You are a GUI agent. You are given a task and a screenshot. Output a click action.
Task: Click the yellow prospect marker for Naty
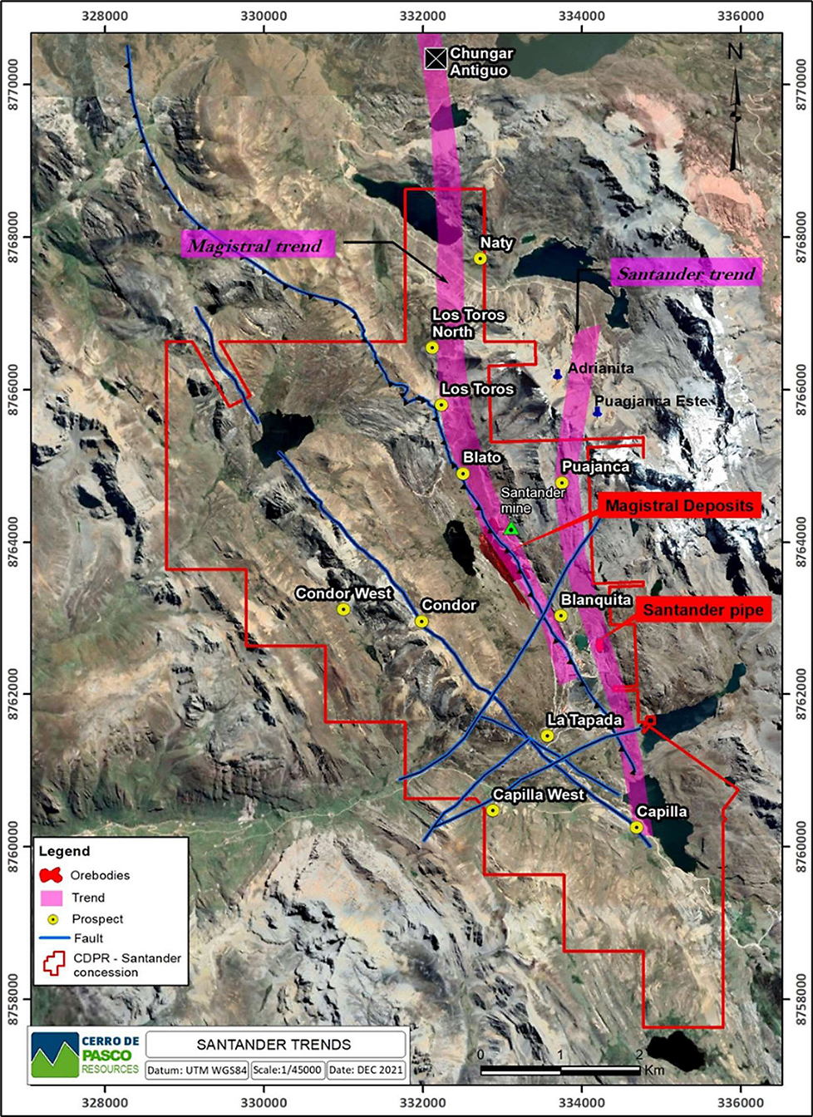click(480, 258)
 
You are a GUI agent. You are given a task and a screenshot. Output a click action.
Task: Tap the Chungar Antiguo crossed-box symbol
click(434, 58)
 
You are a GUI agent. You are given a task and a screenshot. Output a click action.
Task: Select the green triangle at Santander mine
click(511, 529)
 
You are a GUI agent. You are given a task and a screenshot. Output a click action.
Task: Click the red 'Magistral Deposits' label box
click(679, 505)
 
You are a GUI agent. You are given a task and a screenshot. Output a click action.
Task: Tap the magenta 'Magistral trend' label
click(258, 245)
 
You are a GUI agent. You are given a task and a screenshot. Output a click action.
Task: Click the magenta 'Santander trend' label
click(686, 273)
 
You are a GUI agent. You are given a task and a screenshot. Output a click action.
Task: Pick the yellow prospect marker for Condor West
click(343, 609)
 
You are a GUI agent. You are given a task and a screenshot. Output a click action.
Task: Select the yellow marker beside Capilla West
click(492, 810)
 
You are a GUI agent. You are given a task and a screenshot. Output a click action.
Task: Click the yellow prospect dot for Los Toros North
click(432, 347)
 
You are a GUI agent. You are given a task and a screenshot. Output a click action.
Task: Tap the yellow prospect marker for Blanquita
click(560, 616)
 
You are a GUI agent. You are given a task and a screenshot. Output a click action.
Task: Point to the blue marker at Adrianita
click(557, 375)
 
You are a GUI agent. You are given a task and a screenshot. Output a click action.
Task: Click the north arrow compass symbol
click(735, 108)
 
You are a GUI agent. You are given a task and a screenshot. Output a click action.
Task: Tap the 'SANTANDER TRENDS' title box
click(274, 1045)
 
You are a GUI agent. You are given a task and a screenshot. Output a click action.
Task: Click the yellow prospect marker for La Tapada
click(547, 736)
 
